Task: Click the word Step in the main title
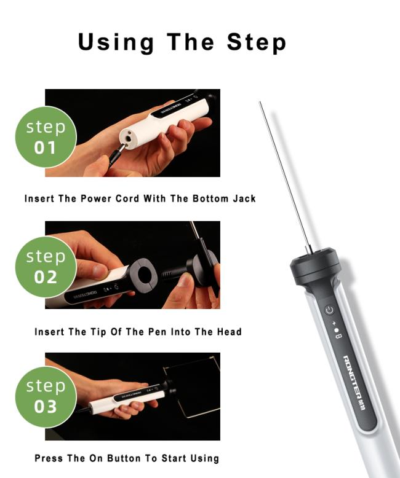click(257, 42)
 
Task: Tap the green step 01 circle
click(46, 137)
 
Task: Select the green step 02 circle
click(46, 267)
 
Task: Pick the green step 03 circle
click(46, 397)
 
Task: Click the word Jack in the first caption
click(244, 199)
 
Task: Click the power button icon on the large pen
click(329, 310)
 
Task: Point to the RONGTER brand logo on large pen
click(356, 383)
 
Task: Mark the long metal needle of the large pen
click(285, 177)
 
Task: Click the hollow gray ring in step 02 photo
click(143, 275)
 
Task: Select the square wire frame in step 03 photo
click(192, 387)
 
